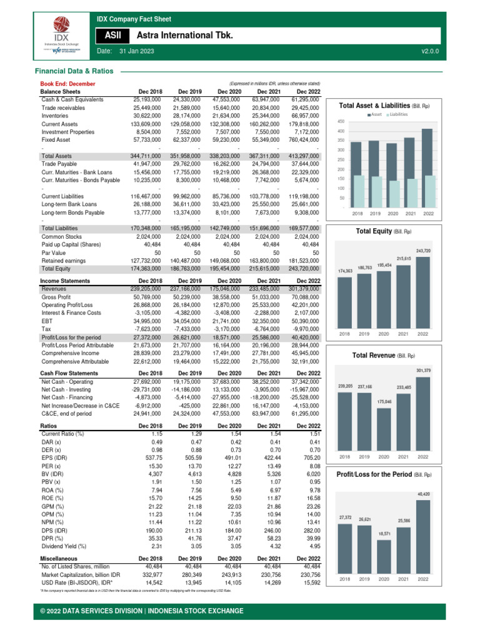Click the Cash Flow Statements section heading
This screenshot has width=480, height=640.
[x=69, y=373]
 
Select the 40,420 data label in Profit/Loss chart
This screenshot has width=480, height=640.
[x=423, y=494]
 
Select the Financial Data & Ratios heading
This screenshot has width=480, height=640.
[x=74, y=72]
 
